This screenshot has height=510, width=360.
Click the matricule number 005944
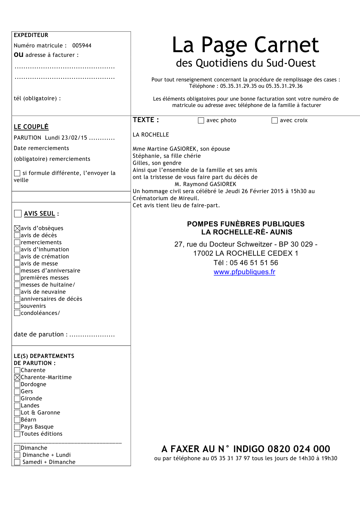82,45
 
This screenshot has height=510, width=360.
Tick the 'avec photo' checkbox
201,120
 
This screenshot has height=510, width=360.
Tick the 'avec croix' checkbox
275,120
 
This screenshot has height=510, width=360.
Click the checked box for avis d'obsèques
17,228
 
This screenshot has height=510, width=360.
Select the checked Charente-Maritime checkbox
17,377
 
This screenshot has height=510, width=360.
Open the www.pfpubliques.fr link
244,272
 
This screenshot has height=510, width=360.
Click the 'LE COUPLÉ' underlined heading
31,127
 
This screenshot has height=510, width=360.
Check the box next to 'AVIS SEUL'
18,214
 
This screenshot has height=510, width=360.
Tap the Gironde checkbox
17,399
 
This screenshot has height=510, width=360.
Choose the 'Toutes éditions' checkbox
17,434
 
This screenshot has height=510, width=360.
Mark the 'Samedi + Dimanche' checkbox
17,462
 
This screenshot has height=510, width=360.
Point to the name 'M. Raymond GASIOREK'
205,184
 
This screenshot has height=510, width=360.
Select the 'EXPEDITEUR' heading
31,35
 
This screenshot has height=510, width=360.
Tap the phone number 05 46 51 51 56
254,263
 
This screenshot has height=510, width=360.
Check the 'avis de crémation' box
17,257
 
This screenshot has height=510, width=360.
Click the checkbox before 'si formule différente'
17,173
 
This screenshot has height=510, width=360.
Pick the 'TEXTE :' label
146,120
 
